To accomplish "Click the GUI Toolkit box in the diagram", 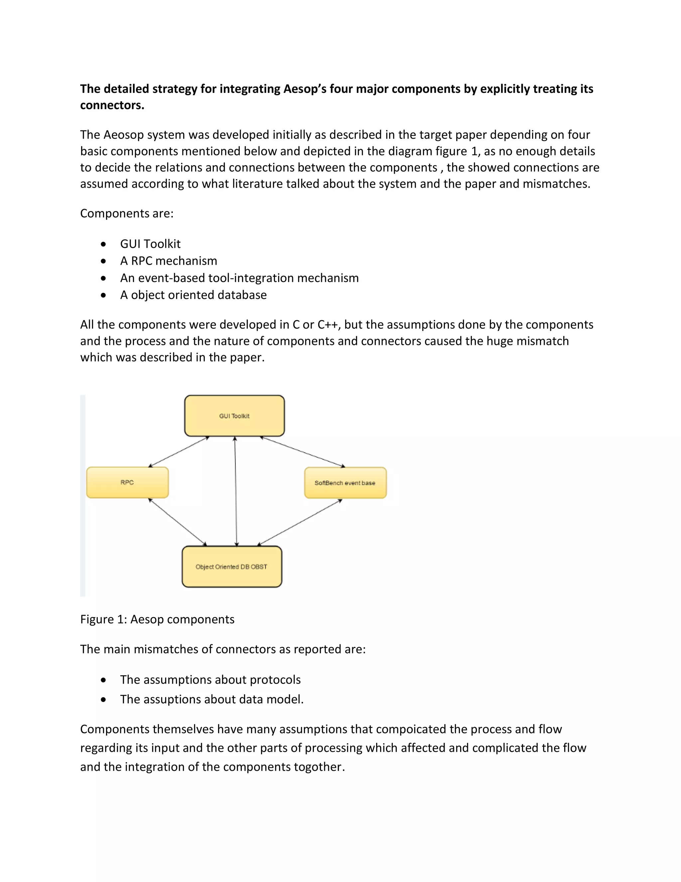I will tap(234, 416).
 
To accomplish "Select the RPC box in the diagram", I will tap(127, 482).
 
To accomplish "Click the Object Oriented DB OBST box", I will tap(231, 566).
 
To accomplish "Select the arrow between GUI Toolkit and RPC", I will tap(179, 452).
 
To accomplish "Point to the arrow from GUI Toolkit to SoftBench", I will tap(303, 452).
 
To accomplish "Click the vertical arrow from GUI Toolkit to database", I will tap(236, 491).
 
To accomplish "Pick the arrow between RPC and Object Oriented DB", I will tap(178, 522).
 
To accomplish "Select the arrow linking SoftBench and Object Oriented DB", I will tap(300, 523).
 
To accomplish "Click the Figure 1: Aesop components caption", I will tap(157, 619).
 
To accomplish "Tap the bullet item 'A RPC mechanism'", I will tap(168, 261).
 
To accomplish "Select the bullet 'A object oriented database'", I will tap(193, 295).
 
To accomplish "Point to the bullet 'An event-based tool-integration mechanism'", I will tap(239, 278).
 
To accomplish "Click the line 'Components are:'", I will tap(127, 213).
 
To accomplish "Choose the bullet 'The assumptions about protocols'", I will tap(210, 680).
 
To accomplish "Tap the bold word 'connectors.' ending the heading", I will tap(112, 106).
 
